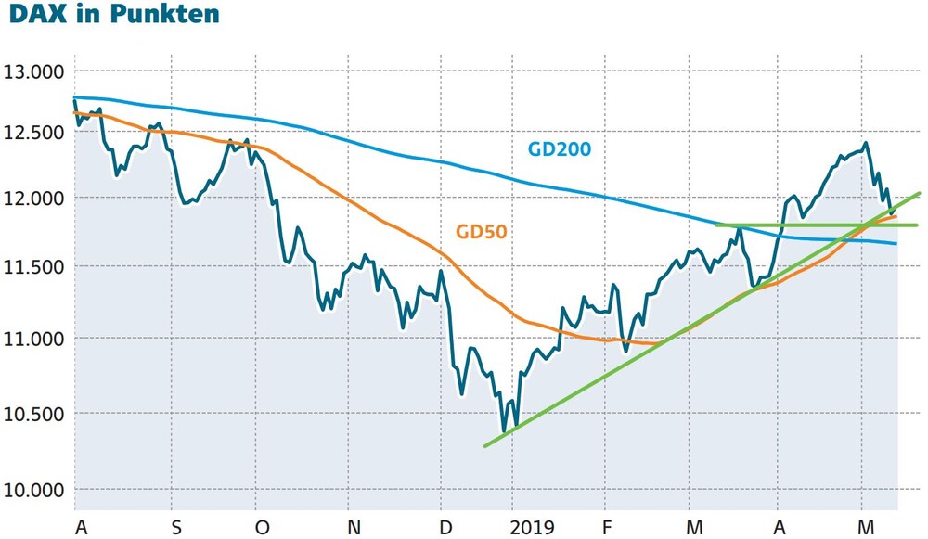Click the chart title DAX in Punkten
pyautogui.click(x=114, y=13)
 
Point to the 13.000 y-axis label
pyautogui.click(x=33, y=72)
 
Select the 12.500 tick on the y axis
pyautogui.click(x=33, y=133)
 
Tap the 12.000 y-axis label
pyautogui.click(x=33, y=199)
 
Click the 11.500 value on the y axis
pyautogui.click(x=33, y=267)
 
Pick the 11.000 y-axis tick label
pyautogui.click(x=33, y=339)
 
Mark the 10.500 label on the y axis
pyautogui.click(x=33, y=414)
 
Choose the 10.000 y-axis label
pyautogui.click(x=33, y=491)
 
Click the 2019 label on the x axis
pyautogui.click(x=533, y=527)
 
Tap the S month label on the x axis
pyautogui.click(x=176, y=527)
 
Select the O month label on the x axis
pyautogui.click(x=262, y=527)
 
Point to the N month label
pyautogui.click(x=354, y=527)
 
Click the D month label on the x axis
pyautogui.click(x=446, y=527)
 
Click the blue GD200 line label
pyautogui.click(x=560, y=148)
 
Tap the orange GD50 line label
pyautogui.click(x=481, y=231)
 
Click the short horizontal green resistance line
pyautogui.click(x=817, y=225)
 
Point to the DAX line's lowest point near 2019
pyautogui.click(x=504, y=431)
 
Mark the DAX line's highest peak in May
pyautogui.click(x=865, y=143)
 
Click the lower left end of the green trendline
pyautogui.click(x=484, y=446)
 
